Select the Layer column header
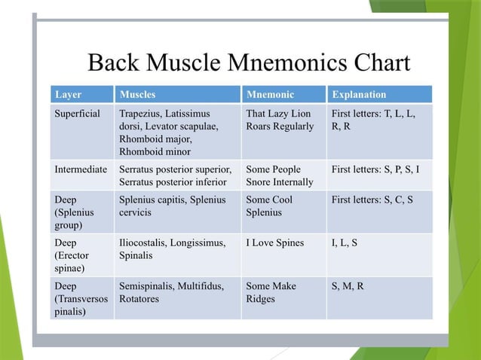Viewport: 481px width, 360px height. (x=68, y=95)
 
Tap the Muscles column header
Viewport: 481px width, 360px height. (x=138, y=95)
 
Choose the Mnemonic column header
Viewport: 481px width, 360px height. (x=269, y=95)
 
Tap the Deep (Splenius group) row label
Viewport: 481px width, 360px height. (x=74, y=212)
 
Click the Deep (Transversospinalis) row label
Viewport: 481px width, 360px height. (x=81, y=299)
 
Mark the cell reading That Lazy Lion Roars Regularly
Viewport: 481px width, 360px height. (x=280, y=120)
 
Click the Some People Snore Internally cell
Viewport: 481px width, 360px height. (x=279, y=175)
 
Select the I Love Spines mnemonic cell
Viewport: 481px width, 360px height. (x=274, y=243)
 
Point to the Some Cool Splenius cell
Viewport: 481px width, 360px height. (x=269, y=206)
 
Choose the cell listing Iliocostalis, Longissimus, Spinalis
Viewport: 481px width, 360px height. (x=172, y=249)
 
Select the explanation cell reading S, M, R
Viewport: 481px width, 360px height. (x=348, y=286)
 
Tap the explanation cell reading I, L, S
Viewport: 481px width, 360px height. (x=345, y=243)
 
